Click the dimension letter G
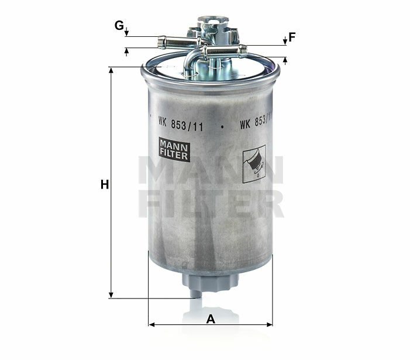pyautogui.click(x=119, y=26)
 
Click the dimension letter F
pyautogui.click(x=292, y=37)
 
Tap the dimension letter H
pyautogui.click(x=105, y=185)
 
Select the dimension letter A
pyautogui.click(x=211, y=319)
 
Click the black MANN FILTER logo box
pyautogui.click(x=174, y=149)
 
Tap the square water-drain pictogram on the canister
pyautogui.click(x=254, y=164)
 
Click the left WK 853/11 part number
pyautogui.click(x=181, y=124)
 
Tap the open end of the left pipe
pyautogui.click(x=161, y=43)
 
